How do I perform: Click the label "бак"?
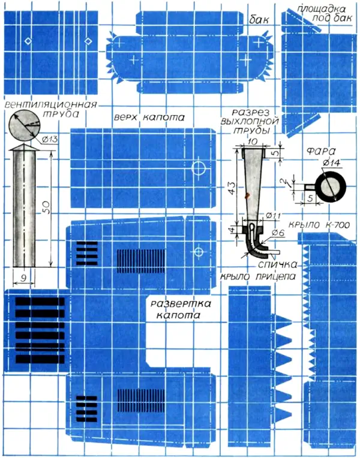click(259, 20)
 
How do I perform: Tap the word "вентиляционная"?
click(51, 104)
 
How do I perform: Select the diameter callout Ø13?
click(49, 140)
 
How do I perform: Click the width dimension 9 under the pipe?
click(24, 278)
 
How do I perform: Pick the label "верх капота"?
click(149, 117)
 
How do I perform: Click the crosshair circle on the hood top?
click(199, 168)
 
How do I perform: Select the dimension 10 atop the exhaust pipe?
click(252, 141)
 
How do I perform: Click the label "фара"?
click(320, 151)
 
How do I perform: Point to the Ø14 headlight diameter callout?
click(332, 162)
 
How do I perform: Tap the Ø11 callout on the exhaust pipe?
click(273, 216)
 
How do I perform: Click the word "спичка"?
click(277, 264)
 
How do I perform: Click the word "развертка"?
click(181, 304)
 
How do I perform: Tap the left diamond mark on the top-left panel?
click(28, 41)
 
